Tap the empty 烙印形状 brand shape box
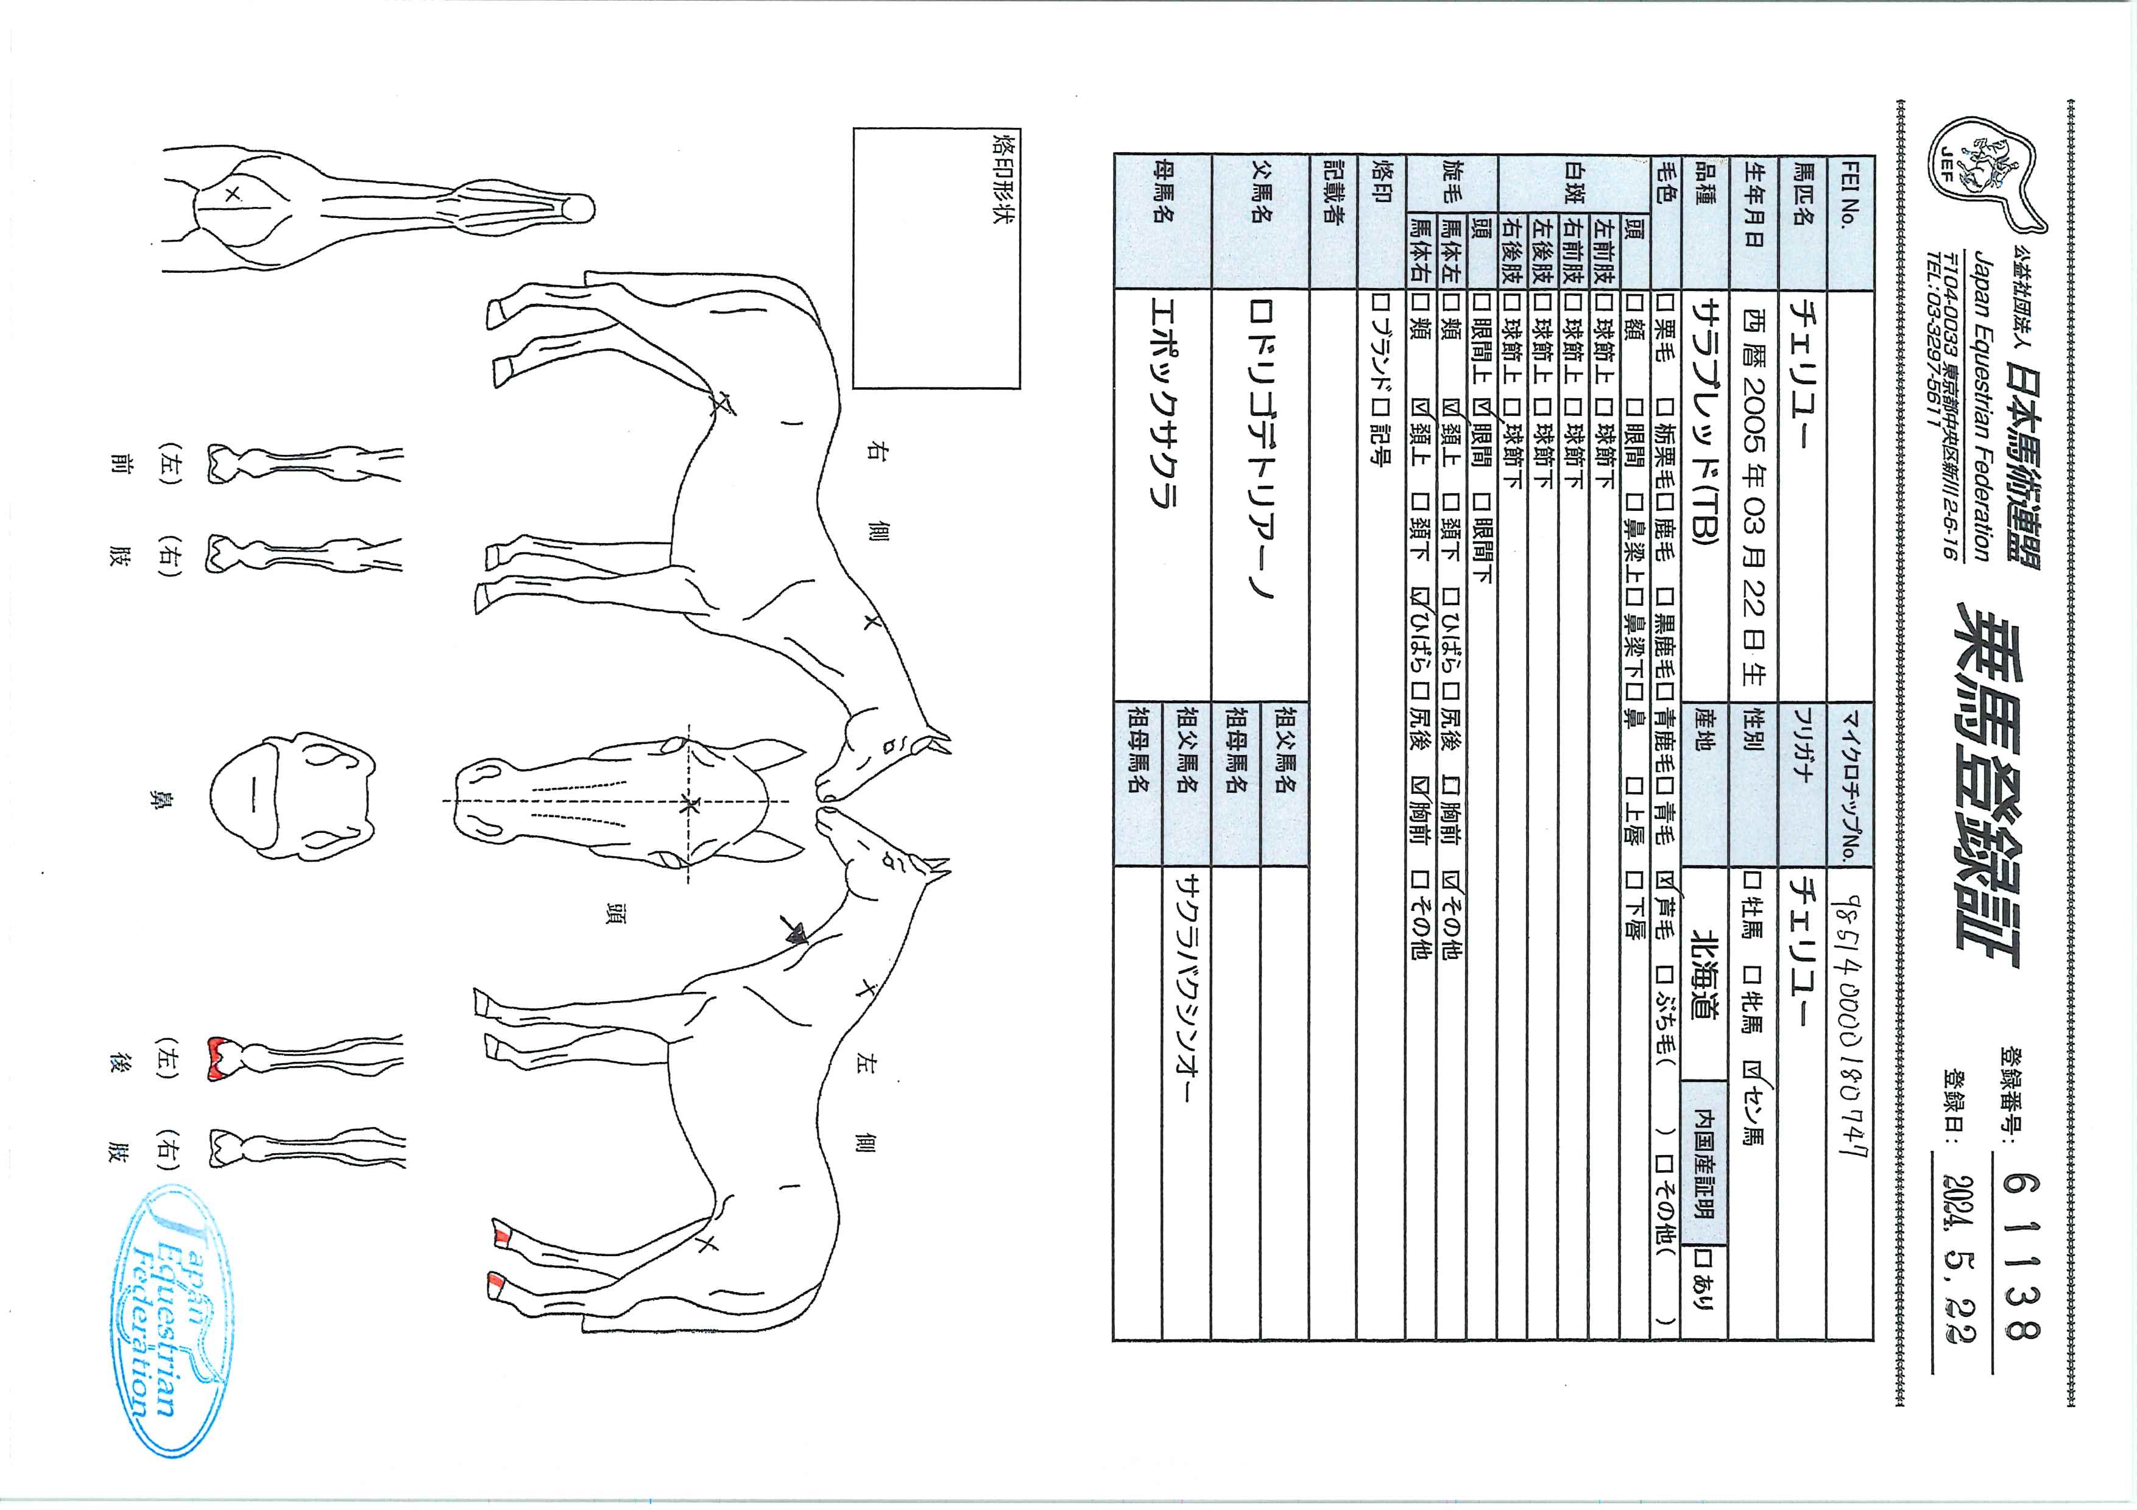pyautogui.click(x=936, y=258)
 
